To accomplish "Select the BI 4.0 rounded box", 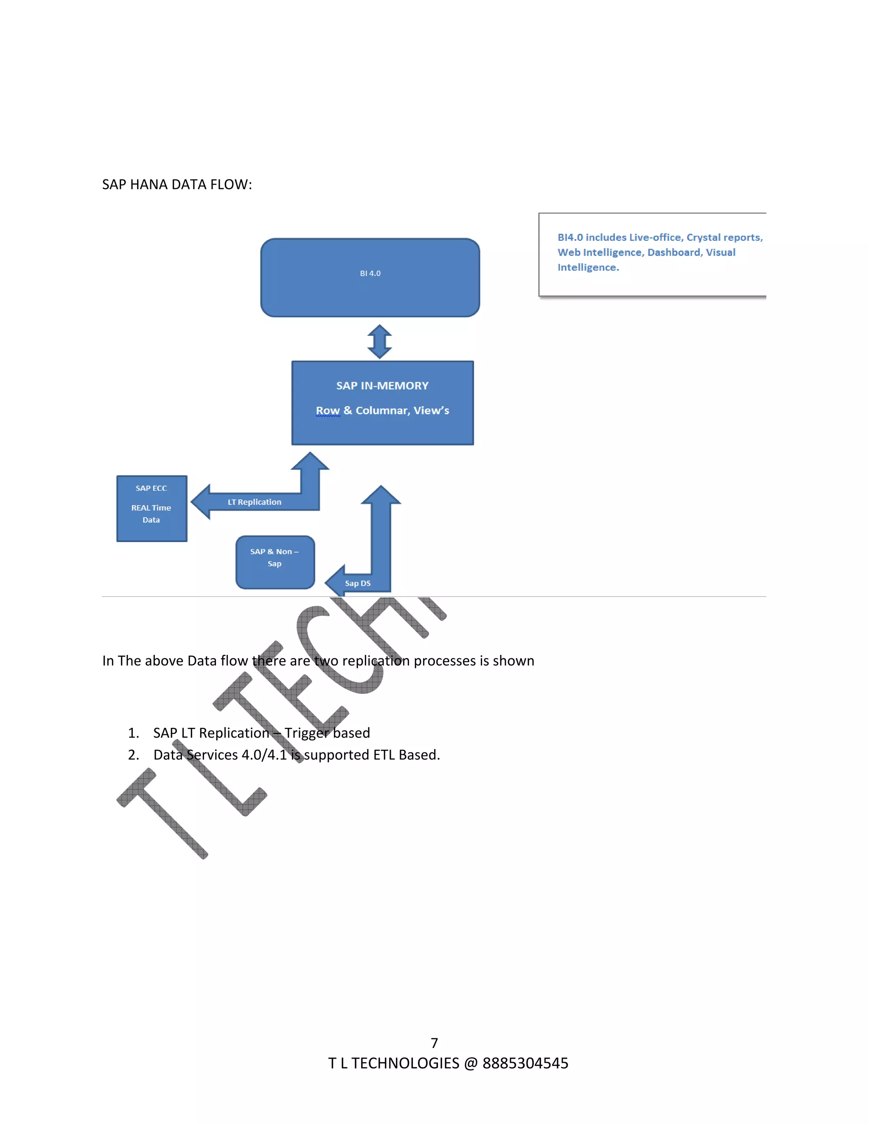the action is coord(370,278).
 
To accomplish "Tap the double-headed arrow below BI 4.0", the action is coord(379,341).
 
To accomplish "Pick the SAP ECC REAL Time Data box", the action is coord(151,509).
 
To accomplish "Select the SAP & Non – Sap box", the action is coord(275,562).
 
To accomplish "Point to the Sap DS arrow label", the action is coord(357,583).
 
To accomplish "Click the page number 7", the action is coord(434,1043).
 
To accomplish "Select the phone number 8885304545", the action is coord(525,1063).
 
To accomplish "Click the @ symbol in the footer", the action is coord(471,1063).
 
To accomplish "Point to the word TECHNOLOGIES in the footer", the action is coord(405,1063).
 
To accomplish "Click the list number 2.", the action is coord(133,755).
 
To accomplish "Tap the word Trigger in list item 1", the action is coord(307,733).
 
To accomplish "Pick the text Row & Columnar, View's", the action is coord(382,411).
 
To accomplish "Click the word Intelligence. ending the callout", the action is coord(588,267).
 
